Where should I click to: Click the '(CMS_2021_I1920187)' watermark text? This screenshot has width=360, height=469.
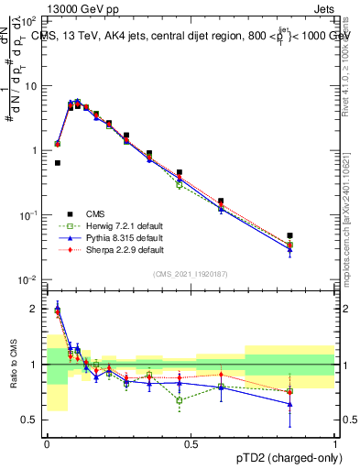[191, 274]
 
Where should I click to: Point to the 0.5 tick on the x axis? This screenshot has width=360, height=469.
[191, 443]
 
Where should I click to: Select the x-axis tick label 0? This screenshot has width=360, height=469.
[47, 443]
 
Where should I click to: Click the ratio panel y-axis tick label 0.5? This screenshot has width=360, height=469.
[31, 420]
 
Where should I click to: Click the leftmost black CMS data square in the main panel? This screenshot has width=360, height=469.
[58, 163]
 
